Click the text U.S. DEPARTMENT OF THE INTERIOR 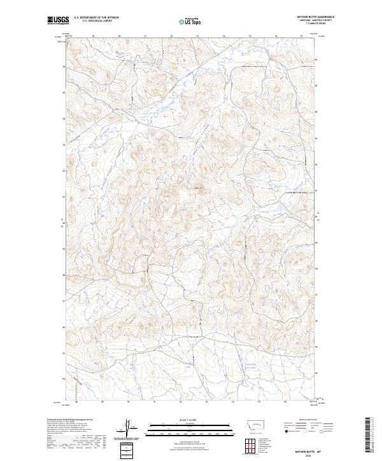(x=96, y=18)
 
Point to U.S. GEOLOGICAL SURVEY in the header (x=96, y=21)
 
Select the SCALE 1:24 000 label (x=190, y=420)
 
